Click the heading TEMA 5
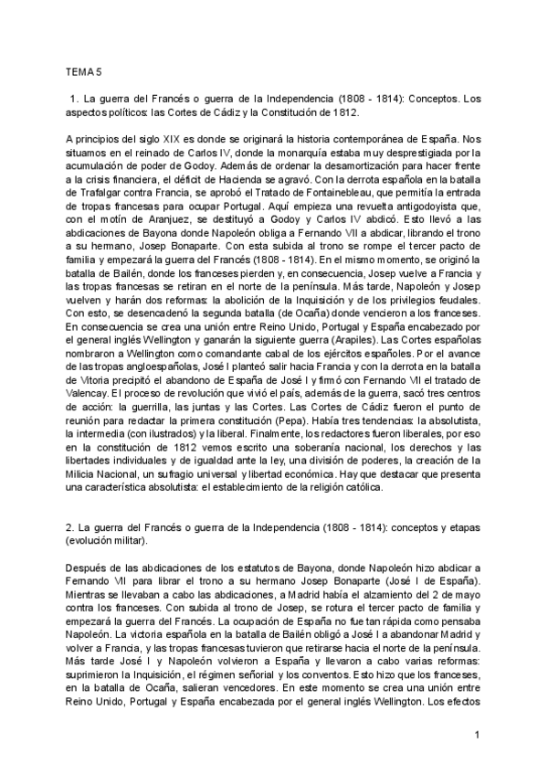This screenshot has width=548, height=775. click(x=84, y=70)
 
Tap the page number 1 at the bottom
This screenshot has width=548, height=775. click(x=477, y=736)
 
